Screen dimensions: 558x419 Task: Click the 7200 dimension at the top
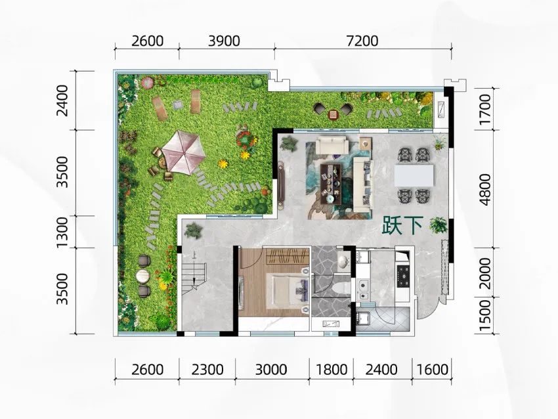pos(362,41)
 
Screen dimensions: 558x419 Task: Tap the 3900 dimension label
pos(224,41)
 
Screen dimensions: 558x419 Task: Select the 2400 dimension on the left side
pos(62,100)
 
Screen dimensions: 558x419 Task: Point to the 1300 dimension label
pos(62,232)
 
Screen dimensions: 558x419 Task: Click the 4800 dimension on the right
pos(484,190)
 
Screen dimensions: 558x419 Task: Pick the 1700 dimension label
pos(484,110)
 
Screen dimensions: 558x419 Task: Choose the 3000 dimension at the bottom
pos(271,370)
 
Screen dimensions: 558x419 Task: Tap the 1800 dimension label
pos(332,370)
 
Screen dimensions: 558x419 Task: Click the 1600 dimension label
pos(432,370)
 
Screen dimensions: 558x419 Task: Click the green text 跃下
pos(402,226)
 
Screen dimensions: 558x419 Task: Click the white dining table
pos(414,175)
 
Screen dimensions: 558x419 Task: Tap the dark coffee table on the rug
pos(331,184)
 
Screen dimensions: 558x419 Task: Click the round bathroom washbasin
pos(343,261)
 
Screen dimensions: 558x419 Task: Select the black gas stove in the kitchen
pos(404,276)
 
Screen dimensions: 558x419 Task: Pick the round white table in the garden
pos(144,276)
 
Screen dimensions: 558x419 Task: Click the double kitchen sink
pos(363,290)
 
